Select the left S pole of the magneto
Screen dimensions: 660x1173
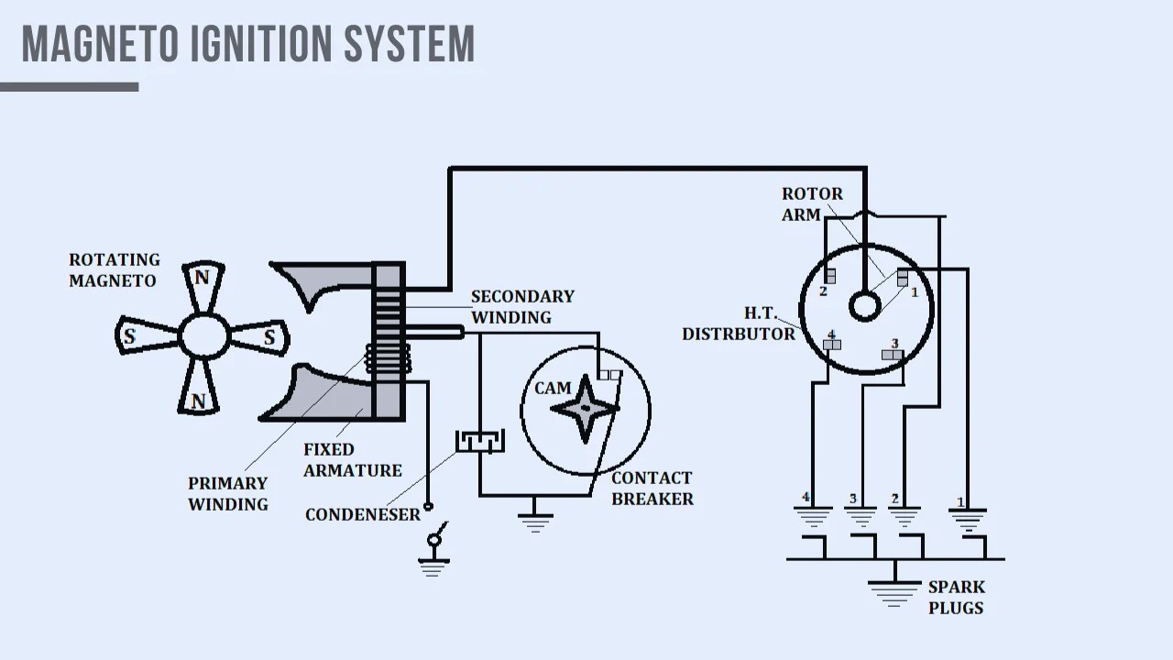(x=130, y=336)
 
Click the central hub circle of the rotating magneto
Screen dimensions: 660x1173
(x=204, y=337)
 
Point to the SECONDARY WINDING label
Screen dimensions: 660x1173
(x=521, y=307)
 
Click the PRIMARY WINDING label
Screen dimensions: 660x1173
(x=227, y=493)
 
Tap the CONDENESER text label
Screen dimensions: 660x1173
(x=362, y=514)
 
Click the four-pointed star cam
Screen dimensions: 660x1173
(x=584, y=408)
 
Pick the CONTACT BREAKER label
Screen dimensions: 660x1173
(x=652, y=489)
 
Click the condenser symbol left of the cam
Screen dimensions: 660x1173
(x=479, y=442)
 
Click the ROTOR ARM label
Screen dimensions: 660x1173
(x=811, y=204)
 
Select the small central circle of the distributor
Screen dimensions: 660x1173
(x=864, y=305)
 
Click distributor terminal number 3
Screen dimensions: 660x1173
(x=892, y=354)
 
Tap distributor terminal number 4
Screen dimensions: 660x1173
(x=831, y=345)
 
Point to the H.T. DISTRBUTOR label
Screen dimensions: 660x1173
(x=739, y=324)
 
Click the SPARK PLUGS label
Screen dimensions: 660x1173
(x=956, y=597)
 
